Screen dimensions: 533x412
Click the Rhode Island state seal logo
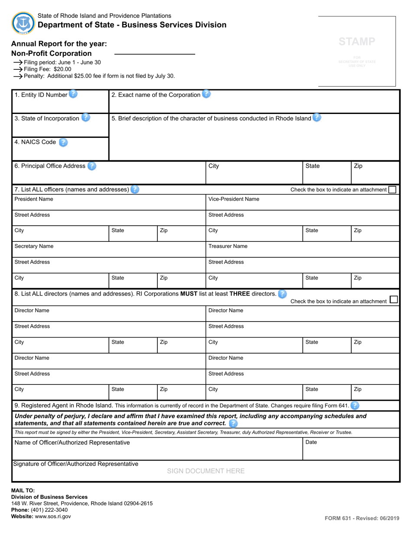click(x=23, y=23)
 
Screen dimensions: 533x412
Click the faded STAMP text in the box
click(x=356, y=42)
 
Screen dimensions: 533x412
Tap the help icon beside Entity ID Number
click(x=73, y=94)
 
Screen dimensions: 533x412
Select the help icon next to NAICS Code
click(x=63, y=142)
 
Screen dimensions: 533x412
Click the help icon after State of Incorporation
click(x=85, y=118)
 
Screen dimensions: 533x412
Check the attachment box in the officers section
click(x=392, y=189)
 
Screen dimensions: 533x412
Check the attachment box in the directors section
click(x=394, y=300)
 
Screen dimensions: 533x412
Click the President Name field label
click(x=34, y=199)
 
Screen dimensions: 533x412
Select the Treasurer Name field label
click(x=228, y=246)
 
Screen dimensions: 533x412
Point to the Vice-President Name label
click(x=234, y=199)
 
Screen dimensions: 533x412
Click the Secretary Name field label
click(x=34, y=246)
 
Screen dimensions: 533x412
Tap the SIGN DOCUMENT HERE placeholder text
click(x=206, y=471)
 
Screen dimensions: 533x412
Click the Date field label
click(x=311, y=442)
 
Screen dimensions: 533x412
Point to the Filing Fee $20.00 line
click(x=47, y=69)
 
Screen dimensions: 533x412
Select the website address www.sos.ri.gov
click(x=52, y=517)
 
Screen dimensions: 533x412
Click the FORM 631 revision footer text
click(x=362, y=518)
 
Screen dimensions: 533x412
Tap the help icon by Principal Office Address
click(x=92, y=166)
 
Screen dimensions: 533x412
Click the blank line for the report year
click(x=154, y=53)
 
